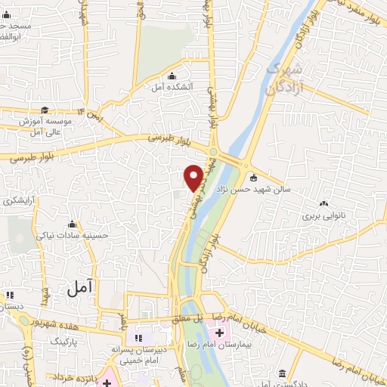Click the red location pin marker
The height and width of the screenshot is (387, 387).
(194, 178)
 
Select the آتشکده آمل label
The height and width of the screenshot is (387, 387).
(173, 87)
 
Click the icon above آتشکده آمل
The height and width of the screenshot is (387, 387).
(173, 75)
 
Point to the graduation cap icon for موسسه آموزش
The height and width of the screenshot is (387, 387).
(45, 110)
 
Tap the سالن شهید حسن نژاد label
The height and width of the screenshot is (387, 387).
(259, 191)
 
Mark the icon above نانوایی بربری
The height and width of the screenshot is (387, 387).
(324, 203)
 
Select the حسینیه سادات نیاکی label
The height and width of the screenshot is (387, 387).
(73, 235)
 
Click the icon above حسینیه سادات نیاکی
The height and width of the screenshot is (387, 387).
(73, 223)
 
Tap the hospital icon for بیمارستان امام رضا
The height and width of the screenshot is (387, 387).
(220, 333)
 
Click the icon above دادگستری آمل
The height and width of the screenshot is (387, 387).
(281, 374)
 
